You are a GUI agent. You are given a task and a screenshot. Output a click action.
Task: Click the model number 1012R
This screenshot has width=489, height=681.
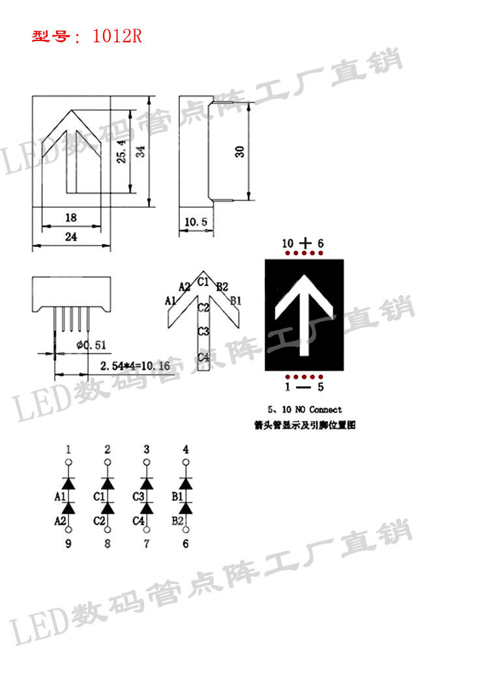click(117, 36)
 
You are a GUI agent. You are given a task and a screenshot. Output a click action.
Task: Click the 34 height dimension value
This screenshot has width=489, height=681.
click(140, 151)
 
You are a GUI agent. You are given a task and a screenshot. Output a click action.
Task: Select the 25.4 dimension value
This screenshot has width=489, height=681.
click(121, 151)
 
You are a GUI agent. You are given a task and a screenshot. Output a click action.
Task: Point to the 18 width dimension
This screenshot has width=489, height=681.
click(70, 218)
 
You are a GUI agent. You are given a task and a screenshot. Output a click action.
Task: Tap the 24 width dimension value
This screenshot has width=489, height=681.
click(70, 237)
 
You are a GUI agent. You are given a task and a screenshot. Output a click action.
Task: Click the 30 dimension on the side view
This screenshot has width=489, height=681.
click(240, 151)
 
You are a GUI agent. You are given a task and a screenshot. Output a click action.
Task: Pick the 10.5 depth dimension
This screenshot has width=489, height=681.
click(195, 222)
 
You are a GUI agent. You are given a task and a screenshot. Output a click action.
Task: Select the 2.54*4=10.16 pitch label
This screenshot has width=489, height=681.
click(135, 366)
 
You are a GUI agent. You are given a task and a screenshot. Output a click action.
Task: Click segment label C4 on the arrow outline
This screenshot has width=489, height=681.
click(203, 356)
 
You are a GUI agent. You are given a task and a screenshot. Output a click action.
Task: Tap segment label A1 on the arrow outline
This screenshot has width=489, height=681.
click(171, 300)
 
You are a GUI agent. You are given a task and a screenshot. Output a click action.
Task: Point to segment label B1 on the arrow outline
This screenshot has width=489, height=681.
click(236, 300)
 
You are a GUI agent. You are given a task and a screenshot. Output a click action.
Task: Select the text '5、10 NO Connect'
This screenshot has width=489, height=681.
click(305, 410)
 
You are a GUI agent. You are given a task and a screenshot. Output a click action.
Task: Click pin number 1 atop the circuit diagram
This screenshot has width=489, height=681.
click(68, 450)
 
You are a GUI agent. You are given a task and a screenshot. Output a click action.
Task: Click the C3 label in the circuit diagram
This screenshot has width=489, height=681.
click(138, 497)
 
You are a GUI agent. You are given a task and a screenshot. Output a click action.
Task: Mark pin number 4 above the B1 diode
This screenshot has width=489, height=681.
click(186, 450)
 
